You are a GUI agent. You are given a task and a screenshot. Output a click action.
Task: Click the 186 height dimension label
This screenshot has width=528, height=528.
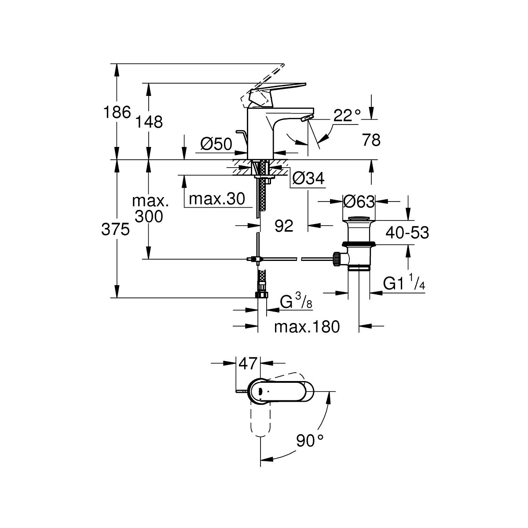tap(117, 112)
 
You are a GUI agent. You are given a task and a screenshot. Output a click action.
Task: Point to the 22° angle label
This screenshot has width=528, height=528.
tap(347, 116)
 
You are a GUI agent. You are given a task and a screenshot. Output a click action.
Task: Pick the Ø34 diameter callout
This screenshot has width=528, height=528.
tap(308, 178)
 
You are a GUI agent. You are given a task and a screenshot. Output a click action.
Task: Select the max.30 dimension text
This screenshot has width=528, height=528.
tap(216, 199)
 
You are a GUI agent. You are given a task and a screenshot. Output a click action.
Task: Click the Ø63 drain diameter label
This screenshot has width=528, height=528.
tap(359, 202)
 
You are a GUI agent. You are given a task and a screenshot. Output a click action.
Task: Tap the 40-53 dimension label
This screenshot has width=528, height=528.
tap(407, 232)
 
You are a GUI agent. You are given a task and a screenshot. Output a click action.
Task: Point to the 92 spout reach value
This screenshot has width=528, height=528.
tap(283, 226)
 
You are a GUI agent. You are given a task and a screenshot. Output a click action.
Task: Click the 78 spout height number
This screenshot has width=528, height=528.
tap(370, 140)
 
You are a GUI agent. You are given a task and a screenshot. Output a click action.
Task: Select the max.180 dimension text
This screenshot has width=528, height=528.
tap(307, 327)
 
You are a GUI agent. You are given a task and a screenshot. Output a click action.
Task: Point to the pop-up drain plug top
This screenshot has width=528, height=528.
tap(359, 219)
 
